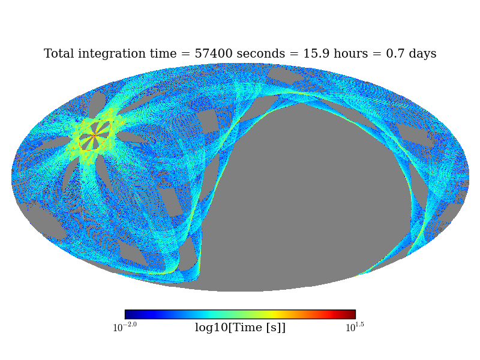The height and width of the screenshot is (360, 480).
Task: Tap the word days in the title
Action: [x=422, y=54]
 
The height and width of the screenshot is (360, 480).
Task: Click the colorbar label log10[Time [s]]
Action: [x=240, y=328]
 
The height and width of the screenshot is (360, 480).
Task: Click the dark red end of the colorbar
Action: [x=352, y=314]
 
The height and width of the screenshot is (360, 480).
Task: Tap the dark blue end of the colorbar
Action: [x=128, y=314]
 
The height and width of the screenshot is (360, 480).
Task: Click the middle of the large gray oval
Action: [x=312, y=192]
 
